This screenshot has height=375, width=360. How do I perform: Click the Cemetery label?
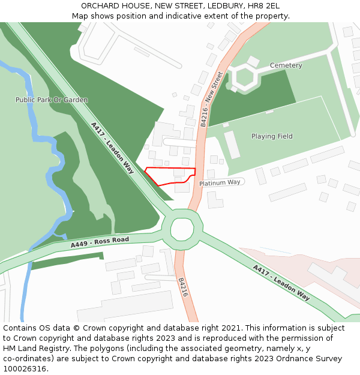(286, 65)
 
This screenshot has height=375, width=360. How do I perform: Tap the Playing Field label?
(272, 136)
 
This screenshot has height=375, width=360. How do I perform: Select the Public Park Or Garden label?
(52, 100)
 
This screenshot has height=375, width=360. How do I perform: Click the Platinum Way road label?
(220, 182)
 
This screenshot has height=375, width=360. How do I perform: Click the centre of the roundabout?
(182, 229)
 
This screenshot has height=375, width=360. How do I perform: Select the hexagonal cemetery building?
(245, 77)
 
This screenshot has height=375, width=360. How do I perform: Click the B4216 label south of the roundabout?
(183, 287)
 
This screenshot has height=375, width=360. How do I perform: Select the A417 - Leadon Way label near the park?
(112, 148)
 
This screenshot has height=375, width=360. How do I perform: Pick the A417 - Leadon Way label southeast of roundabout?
(281, 283)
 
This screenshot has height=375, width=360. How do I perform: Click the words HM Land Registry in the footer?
(31, 349)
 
